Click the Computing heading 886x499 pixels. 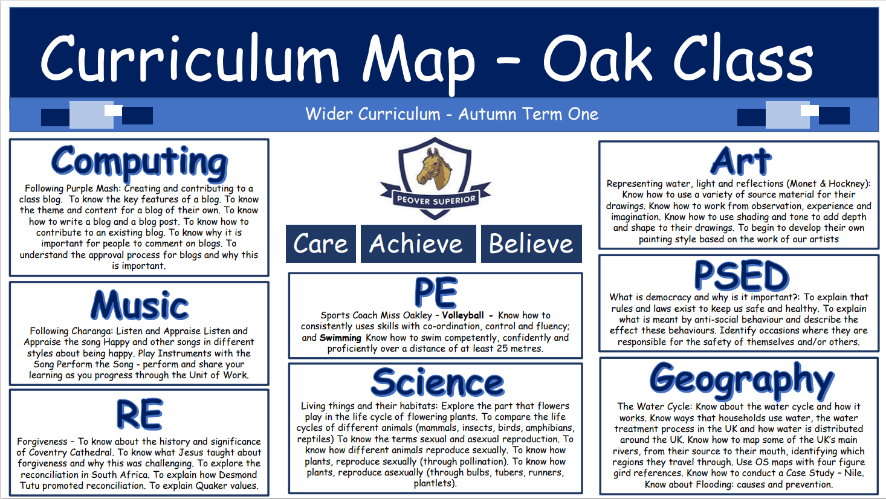[140, 163]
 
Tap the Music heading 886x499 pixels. [140, 304]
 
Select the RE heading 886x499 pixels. [140, 414]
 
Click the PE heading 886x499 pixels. [436, 293]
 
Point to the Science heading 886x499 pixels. [438, 382]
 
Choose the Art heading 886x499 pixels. [740, 161]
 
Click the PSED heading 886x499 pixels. [742, 275]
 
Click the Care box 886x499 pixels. [321, 243]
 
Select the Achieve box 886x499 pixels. [418, 243]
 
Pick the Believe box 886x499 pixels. [531, 243]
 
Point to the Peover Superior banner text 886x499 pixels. [436, 200]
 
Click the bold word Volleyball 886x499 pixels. [463, 315]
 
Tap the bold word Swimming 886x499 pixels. [340, 338]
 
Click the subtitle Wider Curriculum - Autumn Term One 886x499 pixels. [451, 114]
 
